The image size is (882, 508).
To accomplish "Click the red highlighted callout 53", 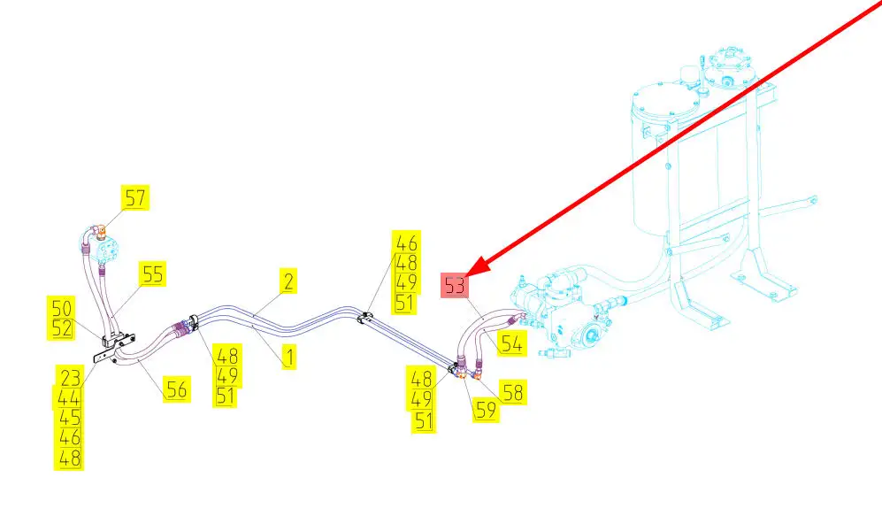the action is click(455, 287).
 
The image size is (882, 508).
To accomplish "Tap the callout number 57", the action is click(135, 197).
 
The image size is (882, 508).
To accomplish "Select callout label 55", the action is click(153, 274).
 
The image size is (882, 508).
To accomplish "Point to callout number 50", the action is click(61, 309).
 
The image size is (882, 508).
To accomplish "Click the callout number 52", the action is click(61, 329).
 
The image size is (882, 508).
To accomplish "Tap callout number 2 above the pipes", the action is click(288, 282).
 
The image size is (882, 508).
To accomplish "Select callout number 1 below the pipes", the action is click(288, 358).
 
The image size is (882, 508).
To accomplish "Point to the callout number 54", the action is click(510, 343).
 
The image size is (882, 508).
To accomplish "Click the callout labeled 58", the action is click(511, 391).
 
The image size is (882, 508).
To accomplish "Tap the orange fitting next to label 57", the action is click(103, 233).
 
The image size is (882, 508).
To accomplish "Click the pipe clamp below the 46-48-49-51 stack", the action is click(364, 318).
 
